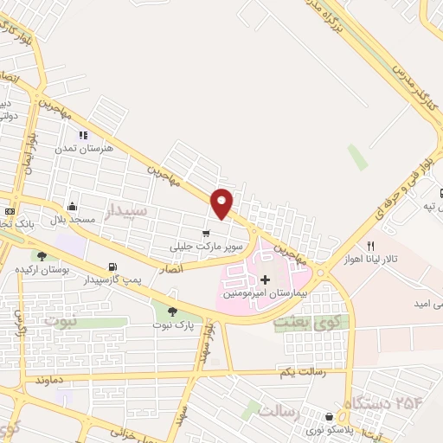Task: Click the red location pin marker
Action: coord(222,202)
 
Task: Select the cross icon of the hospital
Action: coord(265,279)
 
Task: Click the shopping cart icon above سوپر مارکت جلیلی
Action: coord(205,234)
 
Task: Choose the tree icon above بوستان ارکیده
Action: coord(41,255)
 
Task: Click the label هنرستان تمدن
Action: coord(84,148)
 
